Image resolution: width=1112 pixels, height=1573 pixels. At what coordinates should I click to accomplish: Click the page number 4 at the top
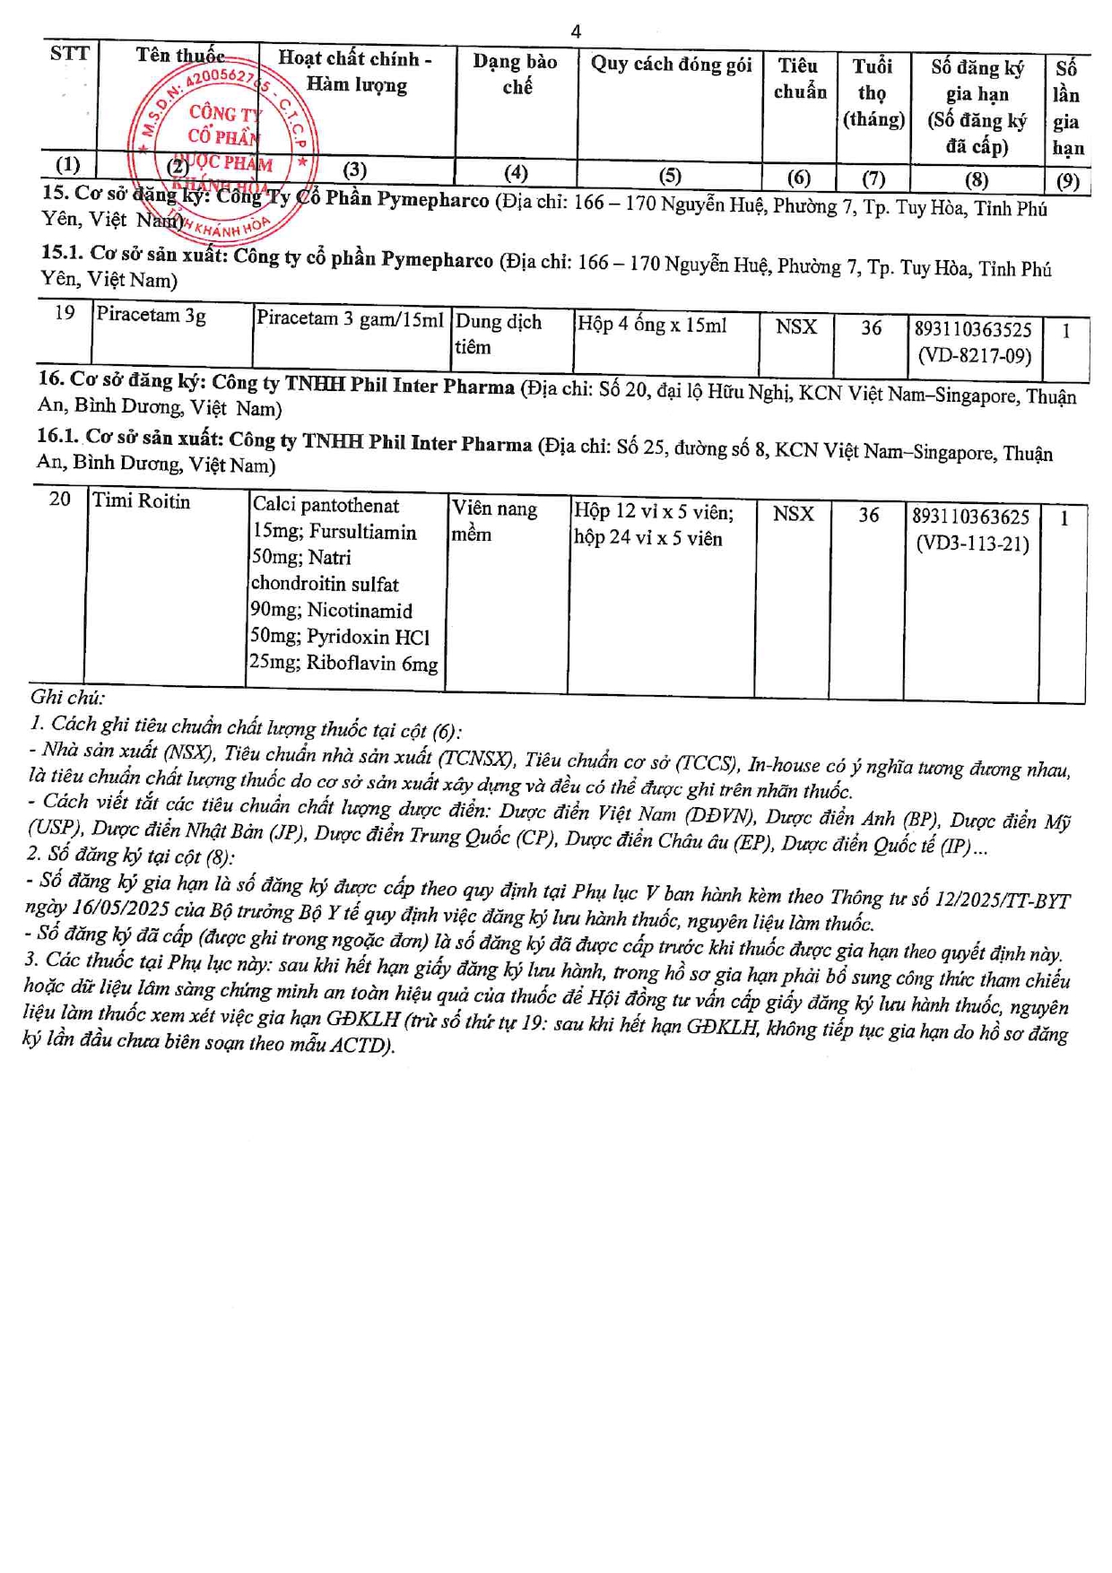(576, 31)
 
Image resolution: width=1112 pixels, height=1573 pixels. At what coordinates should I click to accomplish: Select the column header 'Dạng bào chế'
(516, 74)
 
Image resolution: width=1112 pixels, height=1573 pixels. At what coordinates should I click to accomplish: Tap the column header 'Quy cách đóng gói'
(671, 65)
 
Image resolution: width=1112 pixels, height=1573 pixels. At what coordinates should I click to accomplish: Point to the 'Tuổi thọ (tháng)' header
(873, 92)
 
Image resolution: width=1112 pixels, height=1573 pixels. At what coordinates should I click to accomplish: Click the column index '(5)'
(670, 176)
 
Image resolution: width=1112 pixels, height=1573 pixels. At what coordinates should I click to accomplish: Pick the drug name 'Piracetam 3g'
(152, 316)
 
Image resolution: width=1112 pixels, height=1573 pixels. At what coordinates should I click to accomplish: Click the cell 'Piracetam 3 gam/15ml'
(350, 319)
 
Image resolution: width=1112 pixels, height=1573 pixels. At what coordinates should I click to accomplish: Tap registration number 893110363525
(973, 330)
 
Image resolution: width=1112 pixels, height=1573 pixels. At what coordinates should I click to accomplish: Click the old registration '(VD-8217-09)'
(974, 356)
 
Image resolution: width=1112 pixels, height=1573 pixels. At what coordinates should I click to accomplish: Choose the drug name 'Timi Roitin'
(142, 501)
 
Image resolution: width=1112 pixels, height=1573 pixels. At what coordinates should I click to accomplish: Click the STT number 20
(60, 499)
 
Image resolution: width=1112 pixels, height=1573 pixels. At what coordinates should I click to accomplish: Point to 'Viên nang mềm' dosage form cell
(494, 521)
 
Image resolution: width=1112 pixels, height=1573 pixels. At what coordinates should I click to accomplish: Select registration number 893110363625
(970, 517)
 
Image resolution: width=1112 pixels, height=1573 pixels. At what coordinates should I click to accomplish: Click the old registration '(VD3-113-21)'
(972, 543)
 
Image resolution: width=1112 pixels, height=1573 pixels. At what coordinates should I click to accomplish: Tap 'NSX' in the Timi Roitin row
(793, 514)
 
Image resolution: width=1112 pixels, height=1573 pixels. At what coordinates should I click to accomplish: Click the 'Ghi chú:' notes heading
(67, 697)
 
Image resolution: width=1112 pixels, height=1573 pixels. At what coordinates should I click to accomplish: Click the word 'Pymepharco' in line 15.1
(437, 260)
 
